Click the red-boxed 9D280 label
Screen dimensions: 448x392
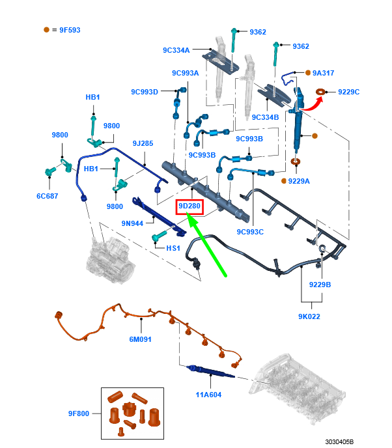[190, 207]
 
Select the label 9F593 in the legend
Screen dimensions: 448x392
[66, 30]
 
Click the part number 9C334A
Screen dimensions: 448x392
[176, 50]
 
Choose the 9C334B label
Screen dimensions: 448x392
[265, 117]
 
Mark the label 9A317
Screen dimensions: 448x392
[323, 73]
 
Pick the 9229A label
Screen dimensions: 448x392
[299, 180]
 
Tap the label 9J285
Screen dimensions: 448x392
[143, 143]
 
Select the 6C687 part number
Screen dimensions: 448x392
[47, 195]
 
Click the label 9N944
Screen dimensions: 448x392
[132, 223]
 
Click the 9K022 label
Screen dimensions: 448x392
[309, 316]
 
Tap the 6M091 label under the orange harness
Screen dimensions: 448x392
[140, 339]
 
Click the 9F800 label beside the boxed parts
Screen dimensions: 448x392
[79, 413]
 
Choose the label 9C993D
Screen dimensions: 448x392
[145, 92]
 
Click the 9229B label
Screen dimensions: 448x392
[320, 284]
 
